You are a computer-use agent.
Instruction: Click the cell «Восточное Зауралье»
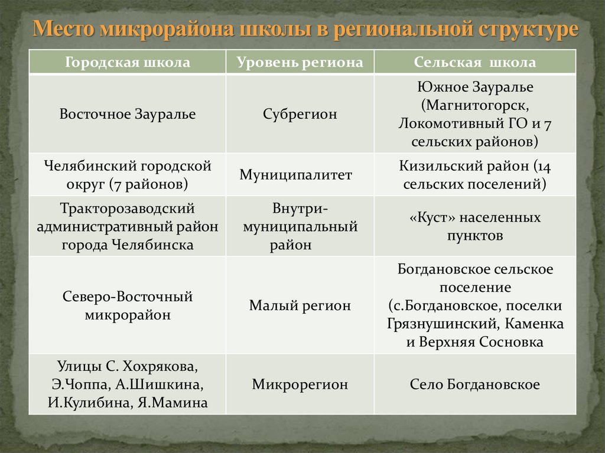tap(127, 114)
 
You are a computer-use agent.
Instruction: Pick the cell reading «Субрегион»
tap(300, 114)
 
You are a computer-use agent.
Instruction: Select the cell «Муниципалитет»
tap(295, 175)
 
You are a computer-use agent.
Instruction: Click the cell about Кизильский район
tap(474, 175)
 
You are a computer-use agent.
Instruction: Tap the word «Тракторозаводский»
tap(127, 209)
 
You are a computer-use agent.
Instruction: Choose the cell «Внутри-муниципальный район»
tap(300, 227)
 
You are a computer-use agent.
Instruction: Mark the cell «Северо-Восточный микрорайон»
tap(127, 305)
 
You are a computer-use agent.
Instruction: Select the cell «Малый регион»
tap(300, 305)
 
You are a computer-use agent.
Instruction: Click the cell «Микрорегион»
tap(300, 384)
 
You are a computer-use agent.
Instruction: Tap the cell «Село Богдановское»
tap(474, 384)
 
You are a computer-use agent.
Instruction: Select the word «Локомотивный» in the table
tap(443, 124)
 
